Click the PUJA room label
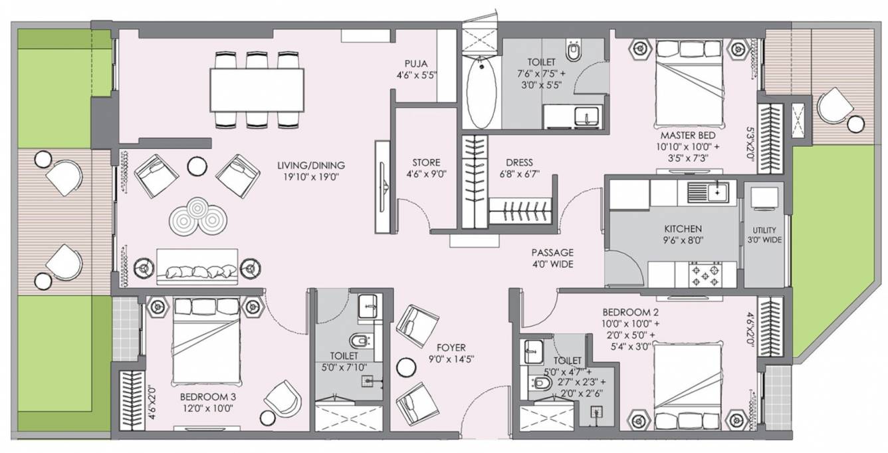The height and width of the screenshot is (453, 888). click(x=416, y=63)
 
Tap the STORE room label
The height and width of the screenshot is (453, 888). click(x=426, y=162)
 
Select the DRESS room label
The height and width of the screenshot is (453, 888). click(x=519, y=162)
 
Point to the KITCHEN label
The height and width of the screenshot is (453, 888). click(x=683, y=229)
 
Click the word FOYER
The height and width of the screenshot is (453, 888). click(x=451, y=348)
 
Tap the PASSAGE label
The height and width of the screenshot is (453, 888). click(x=552, y=253)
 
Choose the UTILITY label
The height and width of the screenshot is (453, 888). click(x=764, y=230)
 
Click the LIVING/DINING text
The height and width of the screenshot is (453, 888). click(x=311, y=165)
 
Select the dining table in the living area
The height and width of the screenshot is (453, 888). click(x=257, y=90)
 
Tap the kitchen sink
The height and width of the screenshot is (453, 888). click(x=707, y=192)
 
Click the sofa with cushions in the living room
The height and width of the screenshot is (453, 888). click(x=197, y=267)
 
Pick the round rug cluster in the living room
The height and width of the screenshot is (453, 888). click(x=198, y=216)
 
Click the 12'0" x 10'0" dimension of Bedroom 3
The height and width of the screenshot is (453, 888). click(x=208, y=408)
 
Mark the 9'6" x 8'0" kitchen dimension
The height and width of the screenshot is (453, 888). click(x=683, y=240)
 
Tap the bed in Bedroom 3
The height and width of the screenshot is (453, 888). click(x=207, y=342)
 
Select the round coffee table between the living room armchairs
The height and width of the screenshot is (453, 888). click(x=197, y=166)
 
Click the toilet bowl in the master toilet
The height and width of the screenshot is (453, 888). click(x=573, y=51)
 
